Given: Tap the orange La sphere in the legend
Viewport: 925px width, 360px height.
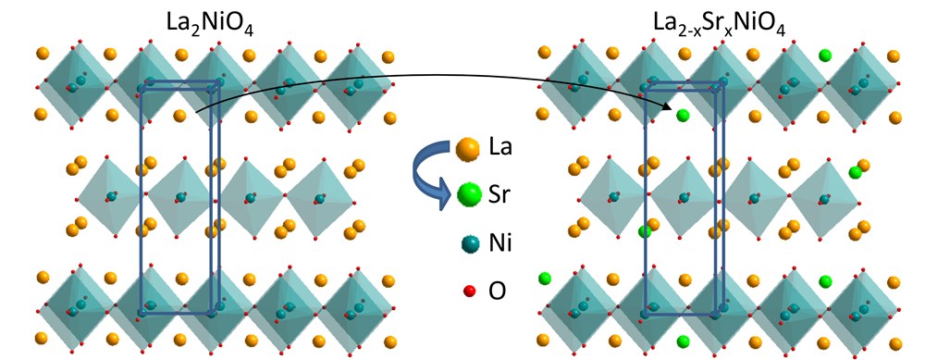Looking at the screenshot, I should point(468,148).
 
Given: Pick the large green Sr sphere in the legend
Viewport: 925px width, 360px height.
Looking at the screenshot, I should point(470,195).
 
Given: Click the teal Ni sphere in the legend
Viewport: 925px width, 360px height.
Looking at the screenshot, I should point(470,243).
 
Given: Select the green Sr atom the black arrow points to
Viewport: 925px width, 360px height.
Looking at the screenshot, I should point(683,116).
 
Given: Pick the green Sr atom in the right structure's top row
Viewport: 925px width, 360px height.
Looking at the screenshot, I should point(825,56).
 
